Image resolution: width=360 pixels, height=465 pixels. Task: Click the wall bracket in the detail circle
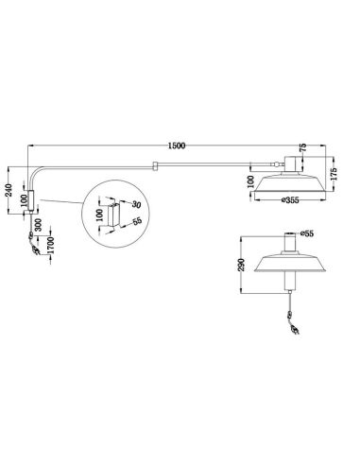coord(113,215)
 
